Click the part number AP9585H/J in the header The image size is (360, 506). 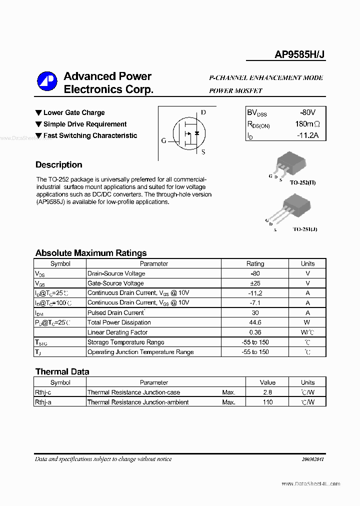(300, 55)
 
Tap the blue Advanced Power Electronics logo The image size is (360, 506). (47, 82)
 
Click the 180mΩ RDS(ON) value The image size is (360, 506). (307, 124)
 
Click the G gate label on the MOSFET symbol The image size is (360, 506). (163, 140)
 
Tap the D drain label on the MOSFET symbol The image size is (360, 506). (203, 112)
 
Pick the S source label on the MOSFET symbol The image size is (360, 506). (203, 152)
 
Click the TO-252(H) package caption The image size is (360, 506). (303, 182)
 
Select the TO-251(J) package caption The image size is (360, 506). (304, 229)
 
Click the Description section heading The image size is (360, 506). (58, 165)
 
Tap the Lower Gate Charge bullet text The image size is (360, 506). (74, 113)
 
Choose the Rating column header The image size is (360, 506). (255, 263)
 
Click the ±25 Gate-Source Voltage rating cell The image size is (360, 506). (255, 283)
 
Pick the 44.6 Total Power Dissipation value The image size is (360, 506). (255, 322)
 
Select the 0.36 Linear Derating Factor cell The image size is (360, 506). (255, 332)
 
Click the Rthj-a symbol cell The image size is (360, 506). (43, 402)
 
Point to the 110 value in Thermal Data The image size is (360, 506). (267, 402)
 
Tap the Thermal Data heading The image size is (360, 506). (62, 371)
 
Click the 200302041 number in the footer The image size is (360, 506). (313, 459)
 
